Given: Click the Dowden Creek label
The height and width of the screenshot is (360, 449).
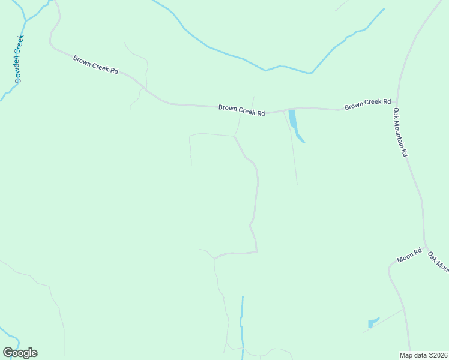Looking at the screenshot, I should click(x=19, y=58).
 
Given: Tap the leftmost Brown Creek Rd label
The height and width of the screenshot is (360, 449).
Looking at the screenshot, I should click(x=95, y=64).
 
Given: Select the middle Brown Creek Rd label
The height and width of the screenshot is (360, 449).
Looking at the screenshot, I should click(x=241, y=110).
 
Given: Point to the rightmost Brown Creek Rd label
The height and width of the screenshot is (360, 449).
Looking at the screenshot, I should click(x=367, y=104).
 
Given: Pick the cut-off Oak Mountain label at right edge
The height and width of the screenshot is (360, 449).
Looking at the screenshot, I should click(x=439, y=262).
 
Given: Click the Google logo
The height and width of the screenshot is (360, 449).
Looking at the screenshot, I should click(x=20, y=353).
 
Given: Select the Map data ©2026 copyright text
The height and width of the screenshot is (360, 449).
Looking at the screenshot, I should click(x=424, y=355).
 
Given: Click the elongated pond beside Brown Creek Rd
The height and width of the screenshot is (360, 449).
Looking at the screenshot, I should click(x=294, y=123).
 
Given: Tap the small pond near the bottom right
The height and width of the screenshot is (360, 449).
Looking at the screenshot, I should click(x=372, y=323).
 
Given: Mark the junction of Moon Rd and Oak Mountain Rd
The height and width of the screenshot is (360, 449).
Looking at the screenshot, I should click(x=424, y=246).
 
